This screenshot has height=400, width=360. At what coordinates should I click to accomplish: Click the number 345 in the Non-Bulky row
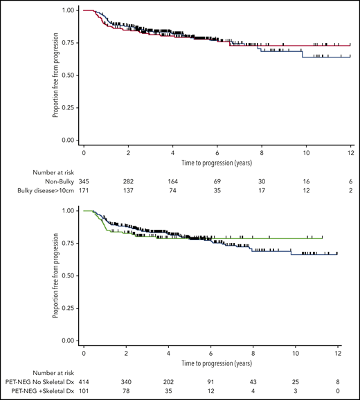point(84,180)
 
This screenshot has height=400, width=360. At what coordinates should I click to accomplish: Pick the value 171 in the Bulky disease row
point(84,190)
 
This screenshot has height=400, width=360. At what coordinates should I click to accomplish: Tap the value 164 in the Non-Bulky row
point(172,180)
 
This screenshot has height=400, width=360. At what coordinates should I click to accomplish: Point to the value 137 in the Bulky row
point(128,190)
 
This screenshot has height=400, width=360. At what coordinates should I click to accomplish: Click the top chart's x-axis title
point(216,161)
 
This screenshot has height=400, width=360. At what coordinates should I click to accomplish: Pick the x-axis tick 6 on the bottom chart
point(210,352)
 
